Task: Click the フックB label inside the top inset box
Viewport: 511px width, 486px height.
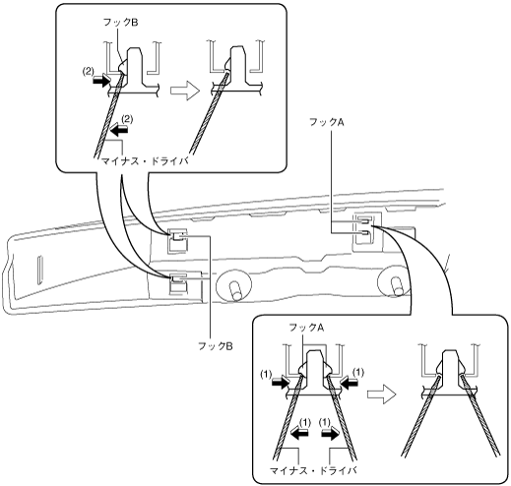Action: click(120, 23)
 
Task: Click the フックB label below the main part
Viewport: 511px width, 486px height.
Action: click(216, 346)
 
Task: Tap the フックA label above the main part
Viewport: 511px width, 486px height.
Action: click(327, 122)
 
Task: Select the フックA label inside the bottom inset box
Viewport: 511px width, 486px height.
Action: click(306, 328)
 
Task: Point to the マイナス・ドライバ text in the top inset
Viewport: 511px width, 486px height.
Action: click(145, 161)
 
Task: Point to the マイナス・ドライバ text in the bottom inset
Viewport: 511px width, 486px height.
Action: click(313, 470)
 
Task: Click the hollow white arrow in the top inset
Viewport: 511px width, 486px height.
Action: click(185, 91)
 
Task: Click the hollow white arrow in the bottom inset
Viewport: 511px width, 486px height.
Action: click(382, 394)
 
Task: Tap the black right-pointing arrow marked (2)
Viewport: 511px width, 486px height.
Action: click(101, 81)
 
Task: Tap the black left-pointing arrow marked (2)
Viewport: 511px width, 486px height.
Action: click(118, 131)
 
